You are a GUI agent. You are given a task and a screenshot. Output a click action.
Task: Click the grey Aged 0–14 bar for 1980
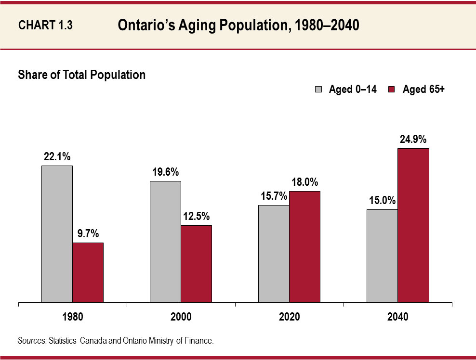click(57, 234)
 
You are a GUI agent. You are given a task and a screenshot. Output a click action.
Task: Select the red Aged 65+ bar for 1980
click(88, 273)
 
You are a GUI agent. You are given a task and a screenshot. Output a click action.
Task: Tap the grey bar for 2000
click(165, 242)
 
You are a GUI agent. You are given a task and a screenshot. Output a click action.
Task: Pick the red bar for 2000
click(196, 264)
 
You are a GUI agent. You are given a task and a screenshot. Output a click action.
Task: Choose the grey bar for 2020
click(274, 254)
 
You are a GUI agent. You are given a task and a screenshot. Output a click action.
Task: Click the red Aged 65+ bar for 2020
click(304, 247)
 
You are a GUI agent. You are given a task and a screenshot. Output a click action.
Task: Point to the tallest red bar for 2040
click(413, 226)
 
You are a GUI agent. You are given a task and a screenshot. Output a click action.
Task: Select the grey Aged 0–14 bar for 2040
click(382, 256)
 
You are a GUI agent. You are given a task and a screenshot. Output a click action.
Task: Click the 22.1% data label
click(57, 157)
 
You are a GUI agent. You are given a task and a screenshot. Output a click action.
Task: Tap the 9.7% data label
click(88, 234)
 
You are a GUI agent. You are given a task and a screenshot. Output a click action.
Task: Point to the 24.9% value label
click(413, 140)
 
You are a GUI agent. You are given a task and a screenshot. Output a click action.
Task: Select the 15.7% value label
click(274, 196)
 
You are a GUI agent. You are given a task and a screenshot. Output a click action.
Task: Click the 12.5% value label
click(196, 217)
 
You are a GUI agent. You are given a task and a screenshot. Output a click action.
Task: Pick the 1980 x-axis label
click(72, 317)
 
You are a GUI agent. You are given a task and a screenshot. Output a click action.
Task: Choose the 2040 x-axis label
click(397, 317)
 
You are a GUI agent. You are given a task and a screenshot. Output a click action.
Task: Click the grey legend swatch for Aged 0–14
click(318, 90)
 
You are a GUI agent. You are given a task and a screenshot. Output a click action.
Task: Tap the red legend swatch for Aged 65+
click(392, 90)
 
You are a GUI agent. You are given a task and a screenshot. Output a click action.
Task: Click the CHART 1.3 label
click(45, 26)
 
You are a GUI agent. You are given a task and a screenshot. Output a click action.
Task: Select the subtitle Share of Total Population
click(81, 75)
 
